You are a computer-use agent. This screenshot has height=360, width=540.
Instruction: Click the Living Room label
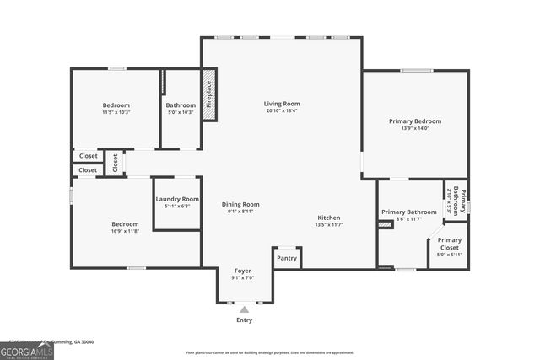[283, 103]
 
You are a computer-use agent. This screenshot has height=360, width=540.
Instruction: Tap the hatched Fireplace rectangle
[209, 93]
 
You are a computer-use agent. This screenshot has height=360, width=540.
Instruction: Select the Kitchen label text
[328, 218]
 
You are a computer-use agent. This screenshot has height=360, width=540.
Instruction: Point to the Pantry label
[287, 258]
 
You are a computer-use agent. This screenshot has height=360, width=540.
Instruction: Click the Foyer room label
[242, 271]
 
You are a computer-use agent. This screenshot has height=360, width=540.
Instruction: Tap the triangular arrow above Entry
[244, 310]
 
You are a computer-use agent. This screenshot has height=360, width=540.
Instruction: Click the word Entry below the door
[244, 320]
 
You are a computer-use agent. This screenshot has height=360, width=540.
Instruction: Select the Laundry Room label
[177, 199]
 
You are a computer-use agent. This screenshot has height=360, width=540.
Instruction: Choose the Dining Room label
[240, 204]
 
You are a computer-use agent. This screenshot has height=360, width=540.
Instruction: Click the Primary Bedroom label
[414, 121]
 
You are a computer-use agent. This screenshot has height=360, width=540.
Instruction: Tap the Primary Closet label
[449, 240]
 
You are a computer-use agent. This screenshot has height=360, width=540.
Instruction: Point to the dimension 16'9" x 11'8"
[125, 231]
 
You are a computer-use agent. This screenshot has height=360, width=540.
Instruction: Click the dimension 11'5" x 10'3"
[116, 112]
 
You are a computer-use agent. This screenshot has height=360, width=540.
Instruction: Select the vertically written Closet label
[116, 163]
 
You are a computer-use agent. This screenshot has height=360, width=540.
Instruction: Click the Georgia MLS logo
[27, 348]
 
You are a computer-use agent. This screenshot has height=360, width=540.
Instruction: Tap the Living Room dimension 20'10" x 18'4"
[283, 110]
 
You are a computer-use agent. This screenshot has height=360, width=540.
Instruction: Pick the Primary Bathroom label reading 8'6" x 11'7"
[408, 219]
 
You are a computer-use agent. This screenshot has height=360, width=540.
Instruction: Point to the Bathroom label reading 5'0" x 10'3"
[181, 112]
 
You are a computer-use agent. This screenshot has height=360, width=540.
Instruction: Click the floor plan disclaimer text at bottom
[269, 352]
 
